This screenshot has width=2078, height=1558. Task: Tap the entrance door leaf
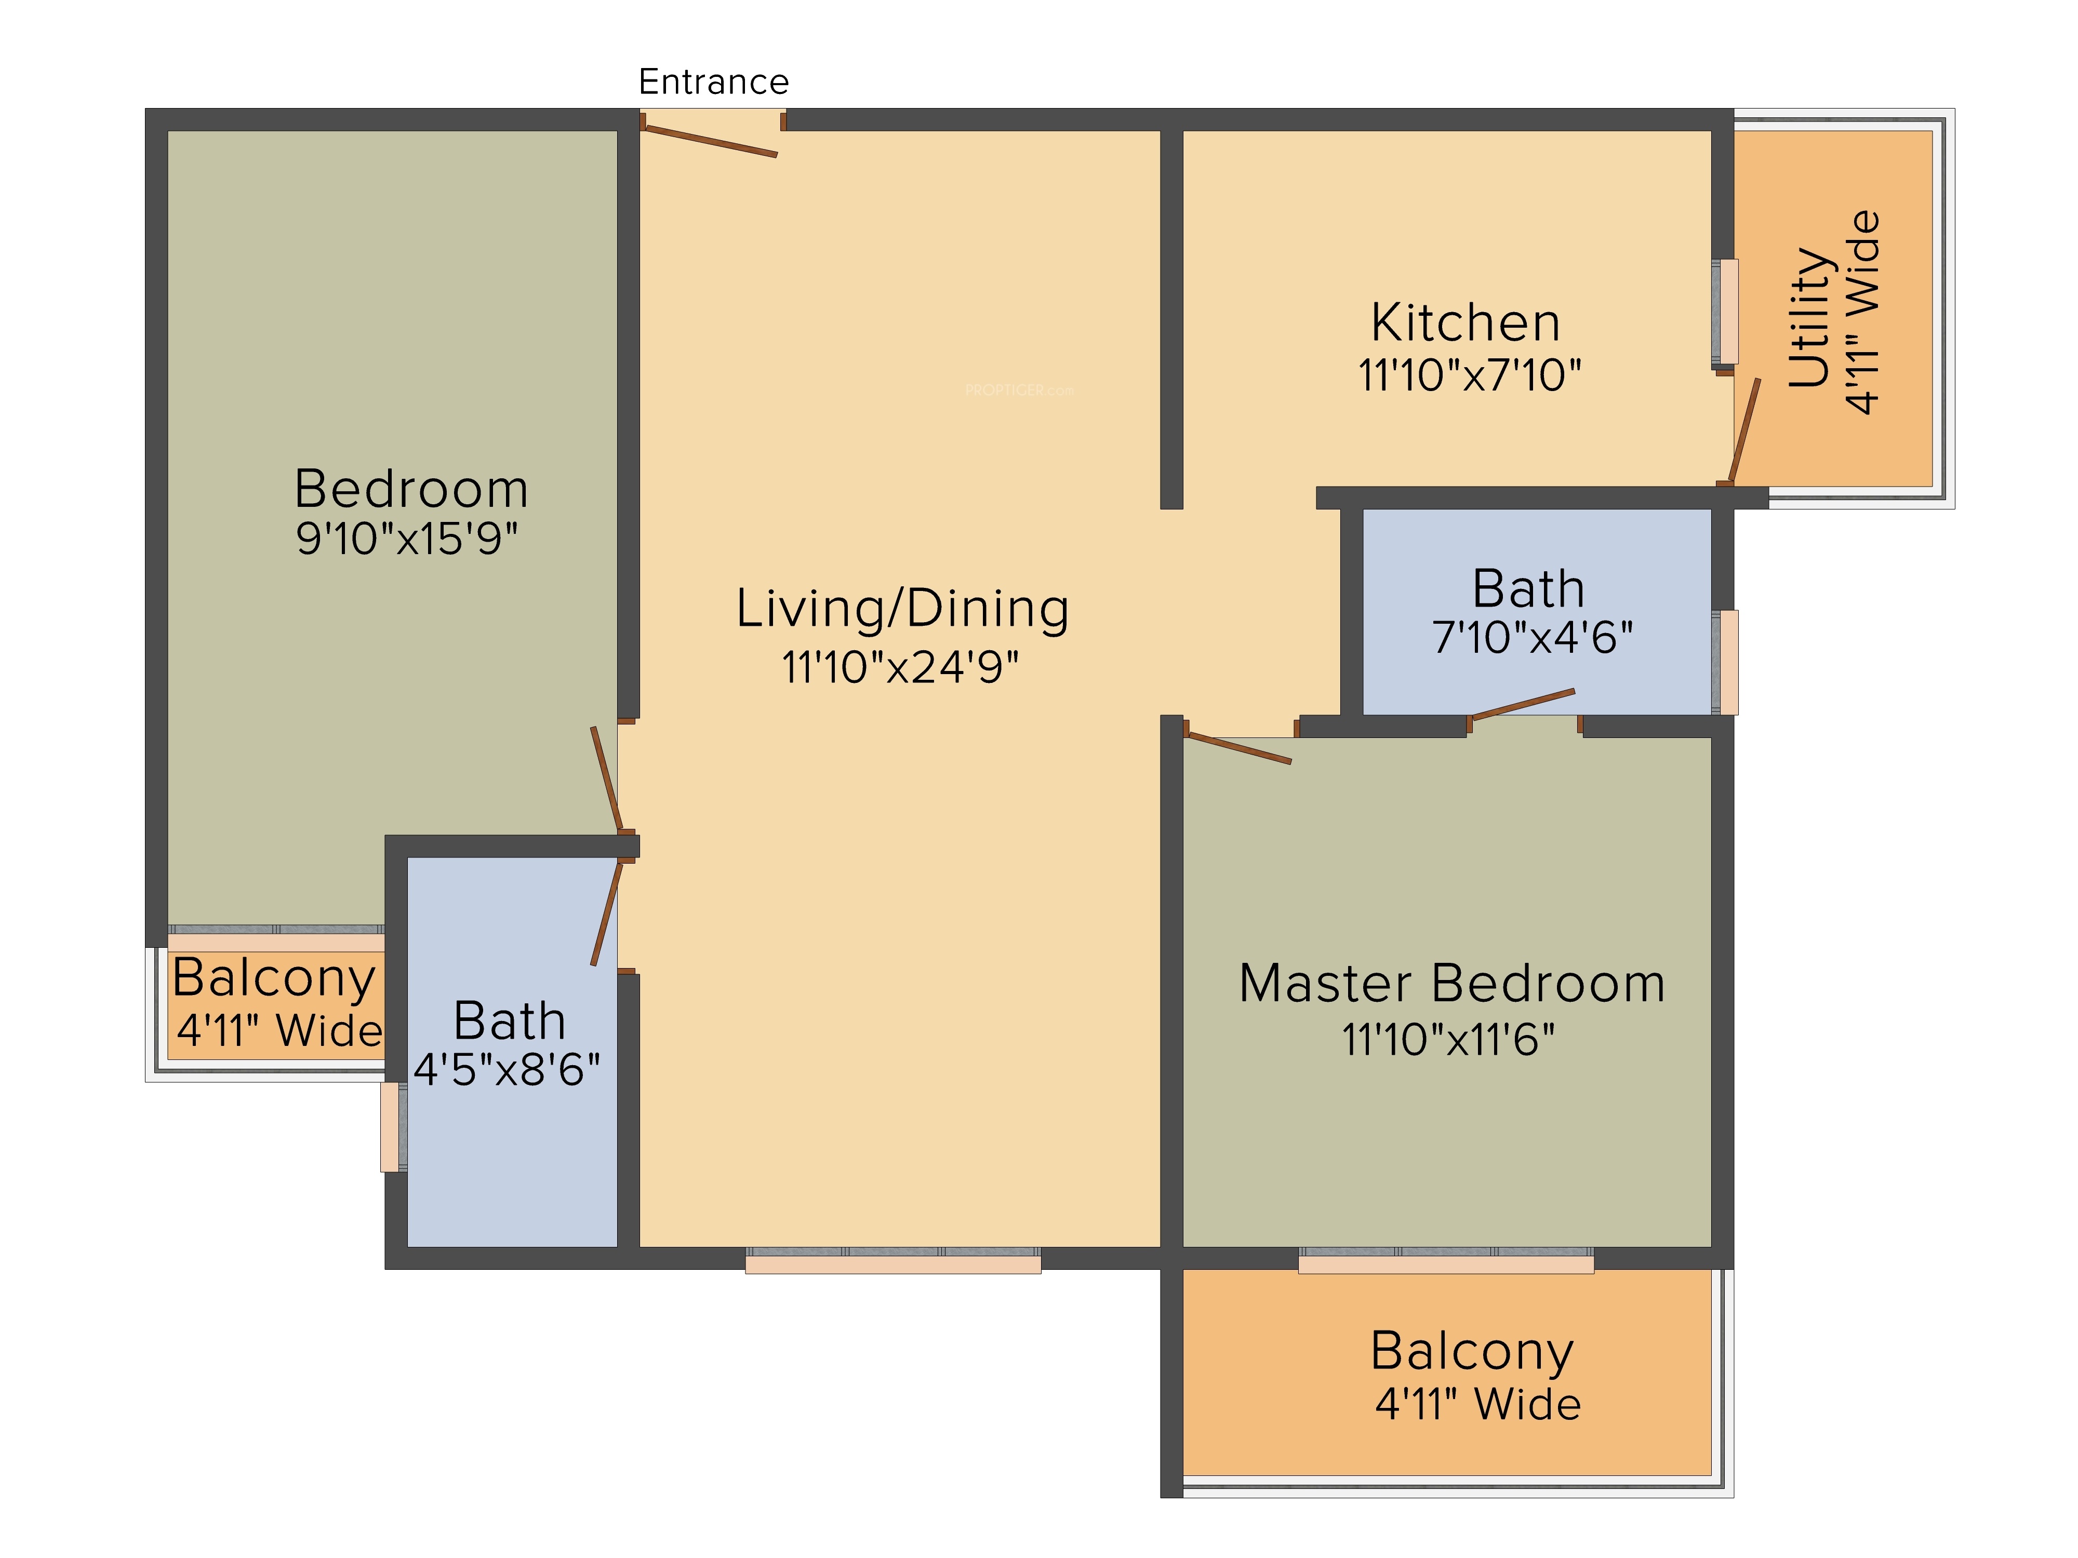709,141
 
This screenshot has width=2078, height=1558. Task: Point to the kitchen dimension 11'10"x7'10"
1469,375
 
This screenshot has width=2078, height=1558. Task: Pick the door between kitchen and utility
1744,430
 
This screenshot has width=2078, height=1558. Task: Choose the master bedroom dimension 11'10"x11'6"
1448,1040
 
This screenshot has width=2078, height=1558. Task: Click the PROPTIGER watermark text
1019,389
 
